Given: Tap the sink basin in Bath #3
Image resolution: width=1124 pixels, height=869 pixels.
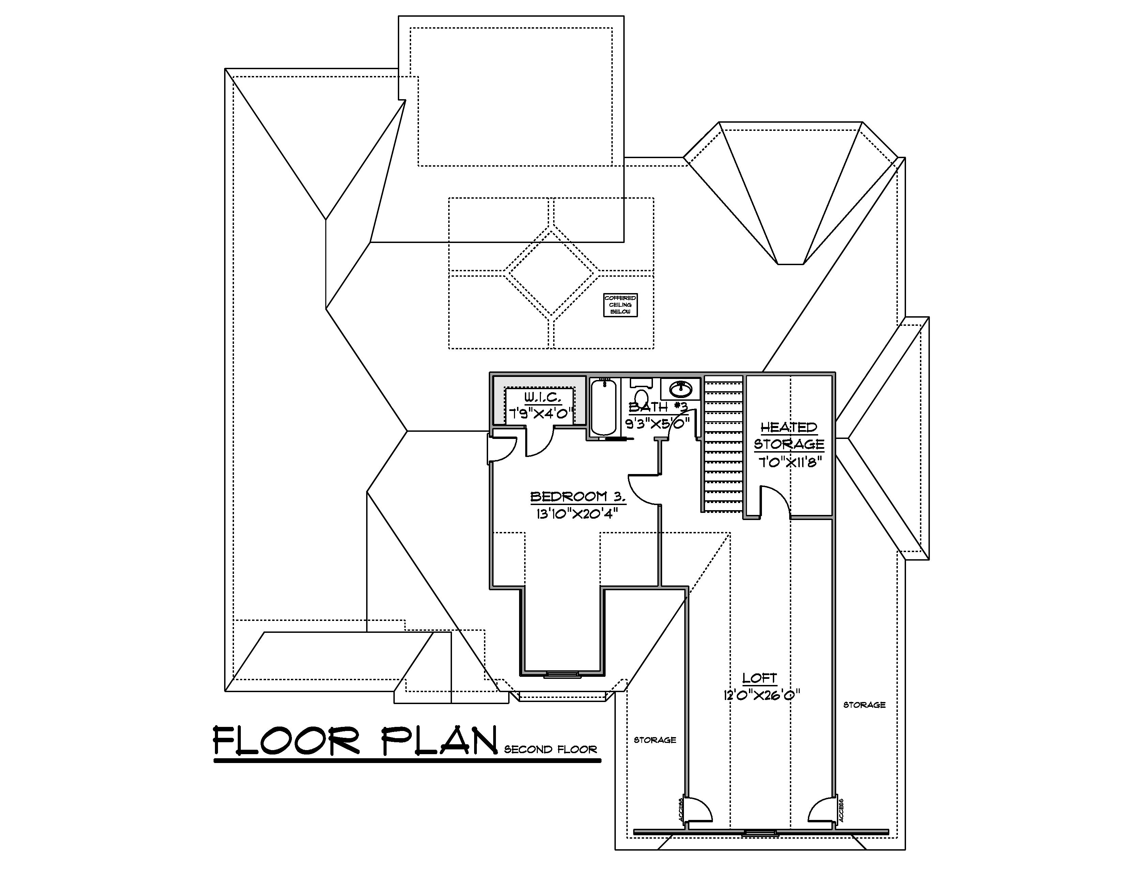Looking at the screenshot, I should tap(681, 388).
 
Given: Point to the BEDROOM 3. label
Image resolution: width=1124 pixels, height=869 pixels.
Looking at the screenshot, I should tap(577, 497).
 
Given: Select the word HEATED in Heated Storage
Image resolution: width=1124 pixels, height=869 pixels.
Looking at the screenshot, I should tap(789, 427).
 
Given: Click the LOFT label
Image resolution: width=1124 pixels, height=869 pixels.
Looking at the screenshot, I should tap(760, 678).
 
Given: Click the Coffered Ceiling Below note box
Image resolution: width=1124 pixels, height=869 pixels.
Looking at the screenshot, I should tap(620, 305).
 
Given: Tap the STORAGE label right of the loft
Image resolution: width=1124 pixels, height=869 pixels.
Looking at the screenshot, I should tap(864, 705).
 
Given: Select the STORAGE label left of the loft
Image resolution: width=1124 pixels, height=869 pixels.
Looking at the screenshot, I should tap(655, 740).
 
